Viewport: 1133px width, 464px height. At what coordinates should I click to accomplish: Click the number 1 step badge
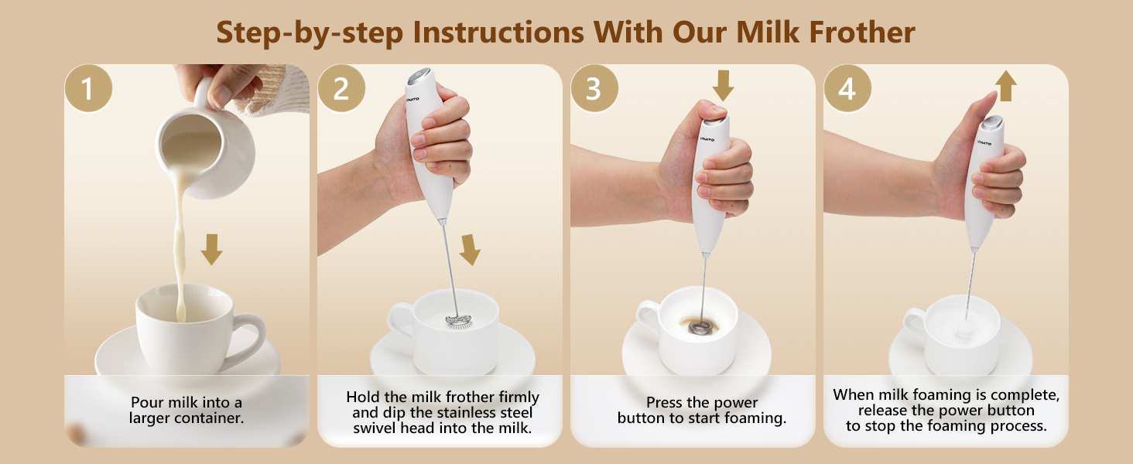[x=88, y=88]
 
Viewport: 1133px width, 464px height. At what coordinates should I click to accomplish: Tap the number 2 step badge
[x=341, y=88]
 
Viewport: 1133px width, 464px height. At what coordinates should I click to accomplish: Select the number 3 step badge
[x=594, y=88]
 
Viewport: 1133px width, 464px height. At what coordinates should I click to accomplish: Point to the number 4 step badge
[x=847, y=88]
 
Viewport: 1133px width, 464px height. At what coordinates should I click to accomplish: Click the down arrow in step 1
[x=211, y=250]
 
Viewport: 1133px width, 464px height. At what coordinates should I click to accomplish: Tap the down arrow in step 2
[x=470, y=250]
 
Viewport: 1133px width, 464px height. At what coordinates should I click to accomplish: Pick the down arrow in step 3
[x=724, y=86]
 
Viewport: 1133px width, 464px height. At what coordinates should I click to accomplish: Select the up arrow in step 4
[x=1006, y=86]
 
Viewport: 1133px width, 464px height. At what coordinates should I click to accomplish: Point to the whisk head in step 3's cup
[x=702, y=328]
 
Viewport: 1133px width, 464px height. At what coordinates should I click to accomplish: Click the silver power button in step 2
[x=419, y=75]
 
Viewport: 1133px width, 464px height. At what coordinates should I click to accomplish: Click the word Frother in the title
[x=862, y=32]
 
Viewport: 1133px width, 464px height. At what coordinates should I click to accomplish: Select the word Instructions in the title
[x=498, y=32]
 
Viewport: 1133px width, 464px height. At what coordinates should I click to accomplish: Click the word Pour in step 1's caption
[x=147, y=402]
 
